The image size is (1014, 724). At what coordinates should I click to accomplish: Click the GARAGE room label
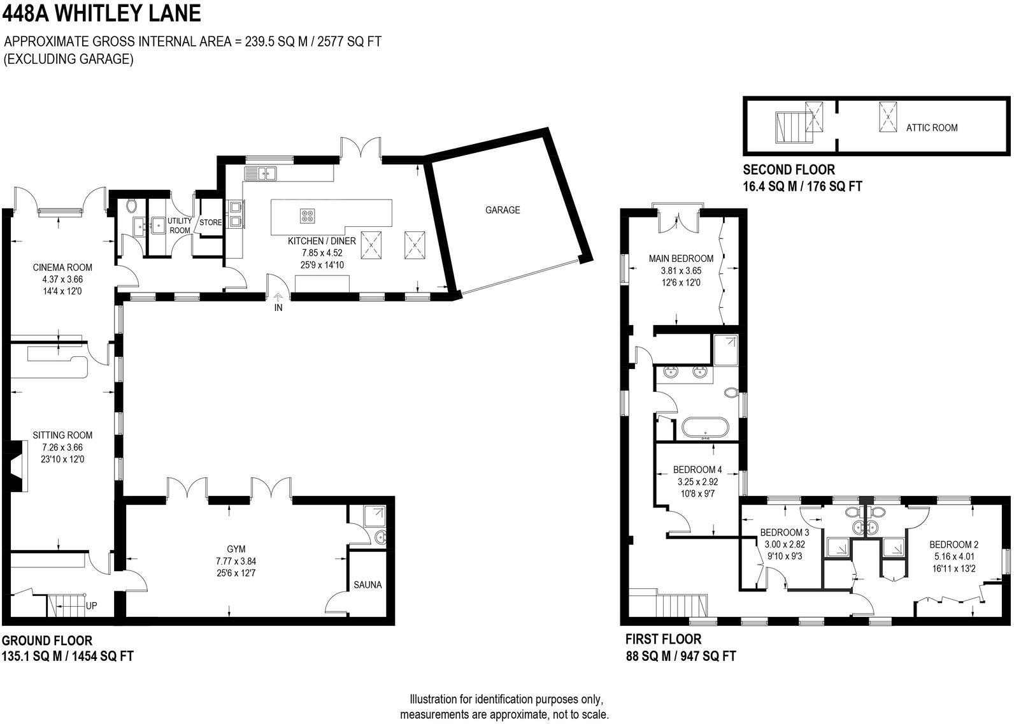pos(503,210)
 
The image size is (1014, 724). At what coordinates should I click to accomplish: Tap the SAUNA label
pos(368,584)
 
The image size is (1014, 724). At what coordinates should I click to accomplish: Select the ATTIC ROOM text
pos(931,127)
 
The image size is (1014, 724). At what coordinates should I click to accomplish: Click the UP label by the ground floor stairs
pos(91,606)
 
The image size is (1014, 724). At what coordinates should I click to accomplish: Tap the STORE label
pos(211,222)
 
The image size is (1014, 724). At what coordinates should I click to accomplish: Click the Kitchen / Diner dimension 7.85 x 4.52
pos(322,253)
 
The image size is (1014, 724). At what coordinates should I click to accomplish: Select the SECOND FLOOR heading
pos(789,170)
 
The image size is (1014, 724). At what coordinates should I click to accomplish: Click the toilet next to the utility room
pos(132,206)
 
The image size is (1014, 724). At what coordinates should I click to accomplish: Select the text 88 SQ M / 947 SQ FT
pos(680,655)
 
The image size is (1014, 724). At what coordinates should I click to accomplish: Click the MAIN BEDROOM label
pos(681,259)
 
